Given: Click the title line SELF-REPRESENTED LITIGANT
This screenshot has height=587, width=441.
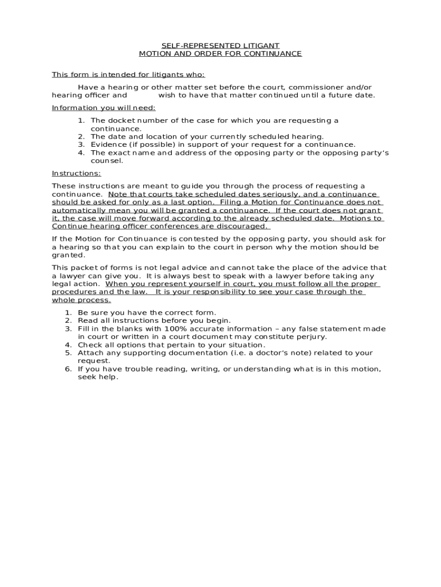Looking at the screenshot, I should click(x=220, y=45).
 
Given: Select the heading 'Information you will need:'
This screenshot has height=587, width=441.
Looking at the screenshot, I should click(x=104, y=108).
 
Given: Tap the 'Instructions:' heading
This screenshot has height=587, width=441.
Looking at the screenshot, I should click(x=76, y=173).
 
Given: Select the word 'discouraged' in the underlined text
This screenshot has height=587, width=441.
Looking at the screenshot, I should click(x=243, y=226).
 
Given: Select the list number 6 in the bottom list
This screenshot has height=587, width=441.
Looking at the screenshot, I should click(x=68, y=369).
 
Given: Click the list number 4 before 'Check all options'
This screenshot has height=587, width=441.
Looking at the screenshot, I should click(x=68, y=345).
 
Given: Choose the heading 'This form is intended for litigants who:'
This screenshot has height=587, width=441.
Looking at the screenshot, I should click(x=128, y=75).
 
